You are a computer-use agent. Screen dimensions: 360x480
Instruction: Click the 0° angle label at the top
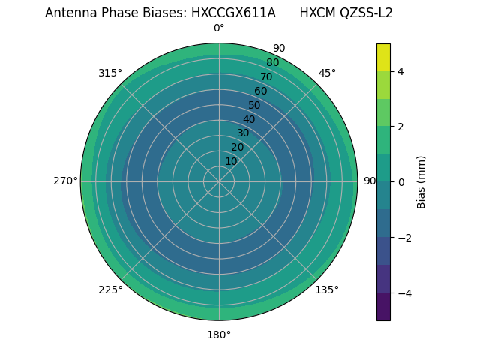click(219, 28)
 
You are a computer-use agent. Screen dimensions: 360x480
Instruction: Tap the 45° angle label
click(327, 73)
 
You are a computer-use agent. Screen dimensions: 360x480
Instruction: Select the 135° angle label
click(327, 289)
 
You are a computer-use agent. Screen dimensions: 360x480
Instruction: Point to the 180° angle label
click(219, 334)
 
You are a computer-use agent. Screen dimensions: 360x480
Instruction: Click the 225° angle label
click(110, 289)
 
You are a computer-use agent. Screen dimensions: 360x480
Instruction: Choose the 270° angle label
click(65, 181)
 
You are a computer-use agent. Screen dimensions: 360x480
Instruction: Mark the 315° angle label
click(110, 73)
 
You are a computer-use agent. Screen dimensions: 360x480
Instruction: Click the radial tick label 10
click(231, 161)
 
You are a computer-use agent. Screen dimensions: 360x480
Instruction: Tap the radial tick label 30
click(243, 133)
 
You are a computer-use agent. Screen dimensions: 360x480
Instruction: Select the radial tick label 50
click(255, 105)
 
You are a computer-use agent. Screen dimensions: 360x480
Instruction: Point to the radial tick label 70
click(266, 76)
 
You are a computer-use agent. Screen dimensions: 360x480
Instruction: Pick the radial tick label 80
click(272, 63)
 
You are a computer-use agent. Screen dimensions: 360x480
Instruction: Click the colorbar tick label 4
click(400, 71)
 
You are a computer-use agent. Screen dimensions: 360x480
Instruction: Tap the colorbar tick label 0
click(400, 181)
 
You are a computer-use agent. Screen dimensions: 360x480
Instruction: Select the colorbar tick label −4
click(403, 292)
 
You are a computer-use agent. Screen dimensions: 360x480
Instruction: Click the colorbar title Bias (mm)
click(421, 181)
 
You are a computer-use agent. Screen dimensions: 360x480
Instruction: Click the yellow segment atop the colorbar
click(383, 57)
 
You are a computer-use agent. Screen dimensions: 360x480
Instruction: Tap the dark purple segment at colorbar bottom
click(383, 307)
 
